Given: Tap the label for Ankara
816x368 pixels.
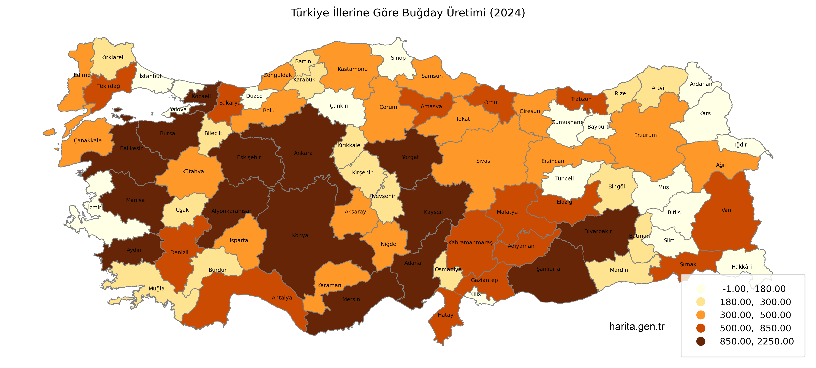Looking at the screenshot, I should pos(303,153).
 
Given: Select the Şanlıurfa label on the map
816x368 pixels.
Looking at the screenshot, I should pos(548,269).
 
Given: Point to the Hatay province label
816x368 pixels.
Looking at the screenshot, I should pos(445,315).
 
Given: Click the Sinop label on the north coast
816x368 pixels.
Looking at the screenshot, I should pos(398,58).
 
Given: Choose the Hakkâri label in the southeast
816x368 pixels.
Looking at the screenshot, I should pos(742,267).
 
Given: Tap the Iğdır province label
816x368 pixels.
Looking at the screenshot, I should pos(741,145).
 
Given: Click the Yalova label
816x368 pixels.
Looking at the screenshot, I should pos(178,109).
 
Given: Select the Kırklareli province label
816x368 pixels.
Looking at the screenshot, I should pos(113,57).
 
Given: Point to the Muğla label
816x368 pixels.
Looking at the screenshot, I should pos(157,288).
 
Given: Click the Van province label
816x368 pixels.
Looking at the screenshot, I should pos(726,210).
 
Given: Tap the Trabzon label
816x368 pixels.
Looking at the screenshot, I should pos(581,99).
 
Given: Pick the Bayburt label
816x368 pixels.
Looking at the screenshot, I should pos(598,127).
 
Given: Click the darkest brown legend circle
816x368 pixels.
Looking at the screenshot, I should pos(701,341).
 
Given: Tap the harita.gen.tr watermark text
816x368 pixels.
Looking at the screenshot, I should pos(637,327).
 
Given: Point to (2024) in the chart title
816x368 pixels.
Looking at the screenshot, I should pos(507,13).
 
